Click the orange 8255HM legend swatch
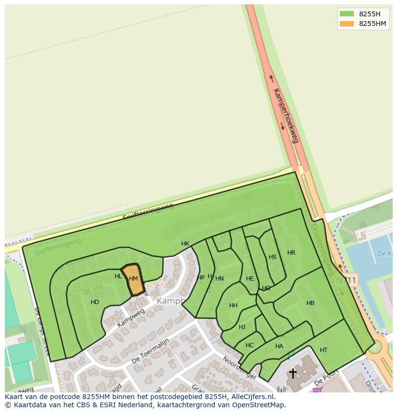coord(347,24)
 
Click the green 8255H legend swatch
coord(347,14)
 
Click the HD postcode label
coord(95,302)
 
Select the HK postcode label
coord(185,244)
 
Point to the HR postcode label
coord(291,253)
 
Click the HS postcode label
coord(272,257)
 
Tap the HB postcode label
coord(310,303)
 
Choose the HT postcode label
coord(324,350)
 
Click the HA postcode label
coord(279,346)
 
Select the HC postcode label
coord(249,345)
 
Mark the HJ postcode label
coord(242,327)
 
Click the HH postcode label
coord(234,306)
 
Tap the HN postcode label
coord(220,279)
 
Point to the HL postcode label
coord(118,276)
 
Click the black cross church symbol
coord(292,373)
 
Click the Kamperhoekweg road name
coord(286,116)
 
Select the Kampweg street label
coord(130,319)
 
